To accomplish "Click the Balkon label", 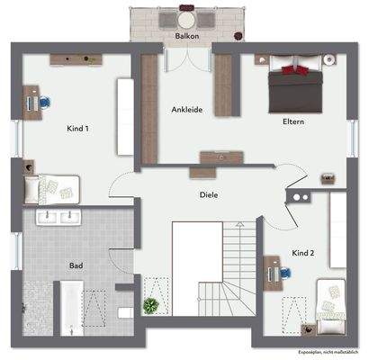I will click(186, 37).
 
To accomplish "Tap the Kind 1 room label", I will click(78, 130).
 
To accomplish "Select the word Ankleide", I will click(185, 110).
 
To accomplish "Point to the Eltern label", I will click(292, 121).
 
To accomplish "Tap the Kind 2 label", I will click(303, 254).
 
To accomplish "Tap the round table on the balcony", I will click(186, 18).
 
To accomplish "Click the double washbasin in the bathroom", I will click(58, 217).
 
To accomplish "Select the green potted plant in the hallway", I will click(150, 306).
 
